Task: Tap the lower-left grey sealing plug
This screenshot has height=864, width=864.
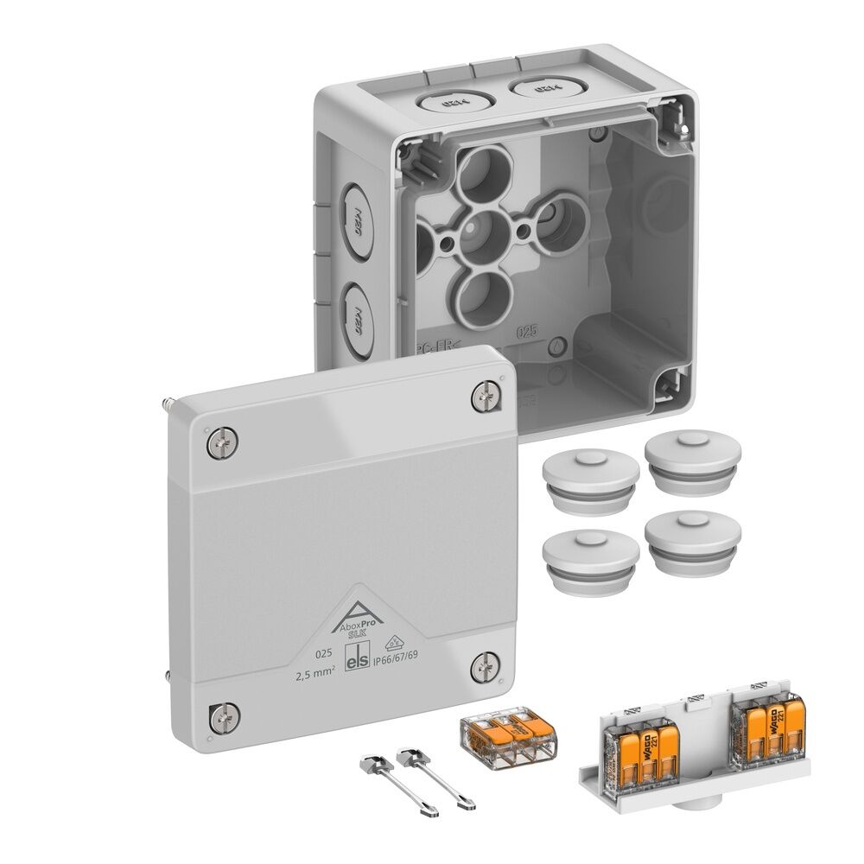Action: coord(584,554)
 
